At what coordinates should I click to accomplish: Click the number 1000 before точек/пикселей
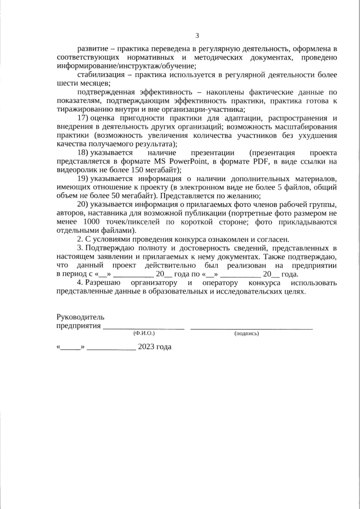click(x=92, y=222)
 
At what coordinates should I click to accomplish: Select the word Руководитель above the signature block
click(x=80, y=317)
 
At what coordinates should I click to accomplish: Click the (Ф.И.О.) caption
click(x=144, y=334)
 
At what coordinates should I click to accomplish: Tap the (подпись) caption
click(x=247, y=334)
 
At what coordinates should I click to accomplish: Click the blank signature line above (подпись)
click(x=251, y=327)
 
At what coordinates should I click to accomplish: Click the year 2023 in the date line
click(x=146, y=346)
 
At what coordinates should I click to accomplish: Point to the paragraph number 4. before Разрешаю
click(x=80, y=282)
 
